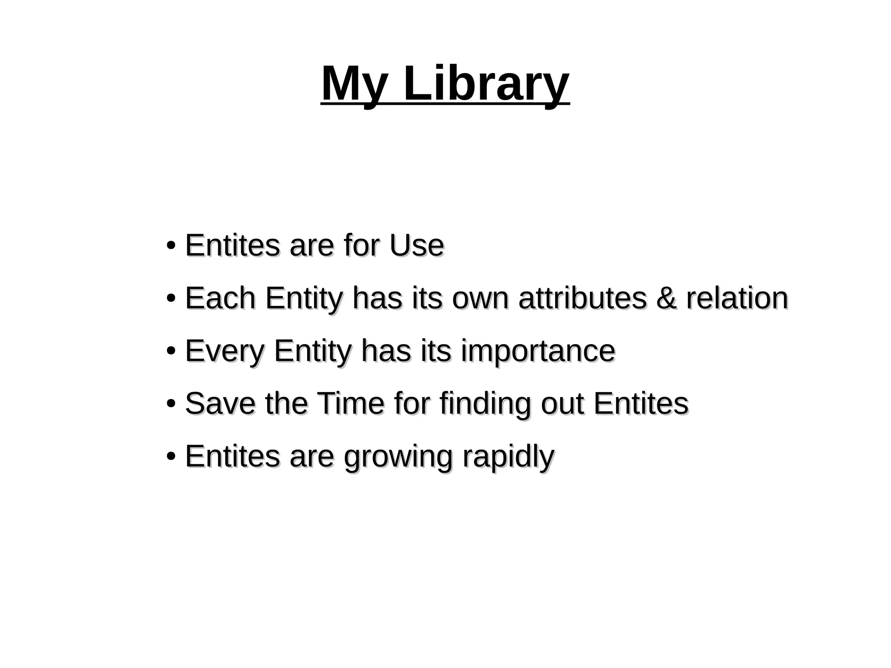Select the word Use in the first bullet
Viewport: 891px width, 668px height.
416,245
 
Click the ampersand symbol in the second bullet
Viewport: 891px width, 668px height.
666,299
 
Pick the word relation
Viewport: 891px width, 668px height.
737,299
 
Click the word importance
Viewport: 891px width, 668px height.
538,352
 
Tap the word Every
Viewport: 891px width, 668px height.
224,352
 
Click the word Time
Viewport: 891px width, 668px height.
351,403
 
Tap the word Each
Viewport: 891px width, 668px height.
221,299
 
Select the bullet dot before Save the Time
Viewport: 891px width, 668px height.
171,403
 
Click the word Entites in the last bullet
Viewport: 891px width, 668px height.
232,457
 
